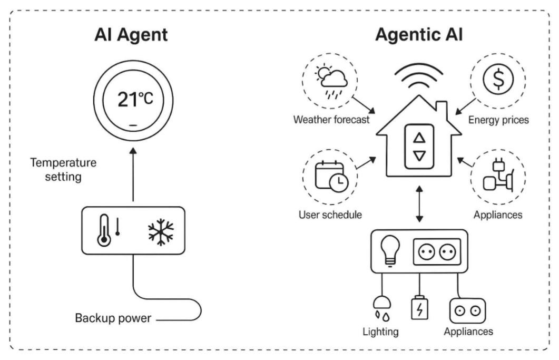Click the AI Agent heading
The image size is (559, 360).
pyautogui.click(x=132, y=36)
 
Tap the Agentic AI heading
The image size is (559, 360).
pyautogui.click(x=419, y=36)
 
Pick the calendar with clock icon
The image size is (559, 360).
pyautogui.click(x=330, y=177)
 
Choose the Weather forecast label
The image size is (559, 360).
pyautogui.click(x=330, y=120)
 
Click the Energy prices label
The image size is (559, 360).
pyautogui.click(x=498, y=120)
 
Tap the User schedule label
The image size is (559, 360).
pyautogui.click(x=330, y=215)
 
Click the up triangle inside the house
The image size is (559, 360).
pyautogui.click(x=419, y=138)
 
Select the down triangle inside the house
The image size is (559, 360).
pyautogui.click(x=419, y=156)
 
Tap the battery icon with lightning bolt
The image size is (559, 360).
pyautogui.click(x=419, y=308)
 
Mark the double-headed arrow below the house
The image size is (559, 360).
pyautogui.click(x=419, y=203)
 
